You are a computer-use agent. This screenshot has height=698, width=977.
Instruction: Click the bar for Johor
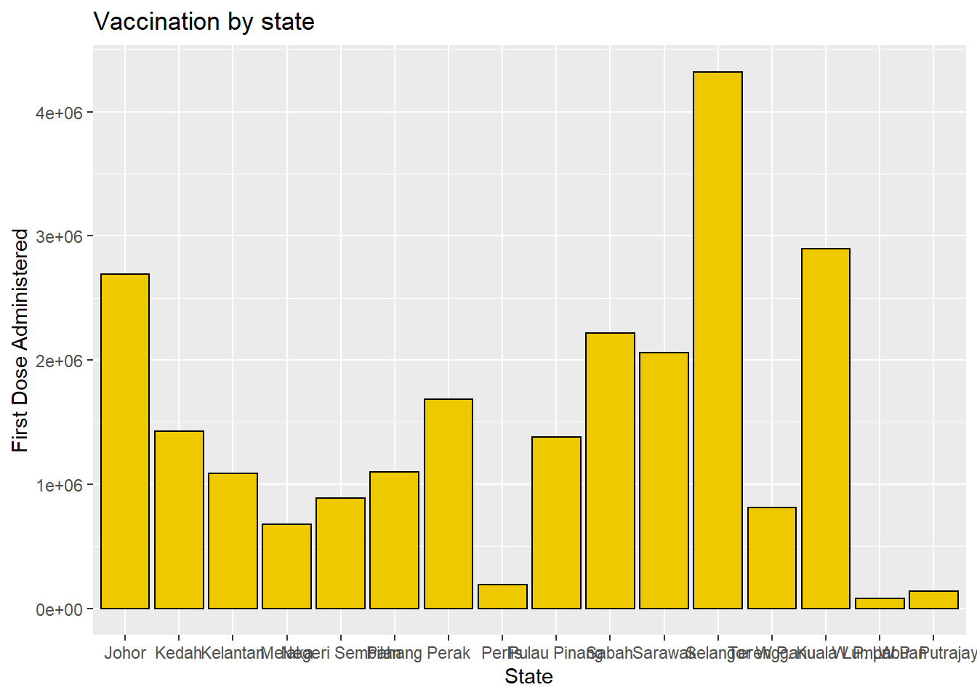[x=125, y=441]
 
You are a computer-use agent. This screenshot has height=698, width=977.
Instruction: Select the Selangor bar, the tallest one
[x=717, y=340]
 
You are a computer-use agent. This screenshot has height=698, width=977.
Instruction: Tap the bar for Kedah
[x=179, y=520]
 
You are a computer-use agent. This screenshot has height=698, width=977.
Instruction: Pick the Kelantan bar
[x=233, y=541]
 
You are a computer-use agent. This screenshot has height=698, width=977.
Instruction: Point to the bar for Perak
[x=449, y=504]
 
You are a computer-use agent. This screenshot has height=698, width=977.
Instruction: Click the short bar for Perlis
[x=502, y=597]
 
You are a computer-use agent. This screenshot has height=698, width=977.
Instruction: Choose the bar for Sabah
[x=610, y=471]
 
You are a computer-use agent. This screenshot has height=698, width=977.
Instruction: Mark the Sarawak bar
[x=664, y=481]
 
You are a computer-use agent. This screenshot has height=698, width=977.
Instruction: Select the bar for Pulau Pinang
[x=556, y=523]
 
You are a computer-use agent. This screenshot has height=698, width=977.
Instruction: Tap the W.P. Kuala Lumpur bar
[x=826, y=429]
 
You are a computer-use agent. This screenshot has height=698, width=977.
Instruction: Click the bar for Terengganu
[x=772, y=558]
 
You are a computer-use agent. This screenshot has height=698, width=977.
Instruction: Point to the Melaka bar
[x=286, y=566]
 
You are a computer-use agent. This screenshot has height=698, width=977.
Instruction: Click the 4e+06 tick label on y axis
[x=59, y=113]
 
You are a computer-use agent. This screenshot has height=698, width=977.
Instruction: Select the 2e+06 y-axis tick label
[x=59, y=361]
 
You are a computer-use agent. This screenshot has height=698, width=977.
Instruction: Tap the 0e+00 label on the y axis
[x=59, y=609]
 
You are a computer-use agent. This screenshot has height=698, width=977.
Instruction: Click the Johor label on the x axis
[x=125, y=653]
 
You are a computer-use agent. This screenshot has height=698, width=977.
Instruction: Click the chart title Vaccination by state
[x=204, y=22]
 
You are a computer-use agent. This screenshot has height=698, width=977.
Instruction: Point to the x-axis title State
[x=528, y=677]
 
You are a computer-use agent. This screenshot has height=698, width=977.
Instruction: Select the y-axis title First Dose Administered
[x=20, y=340]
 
